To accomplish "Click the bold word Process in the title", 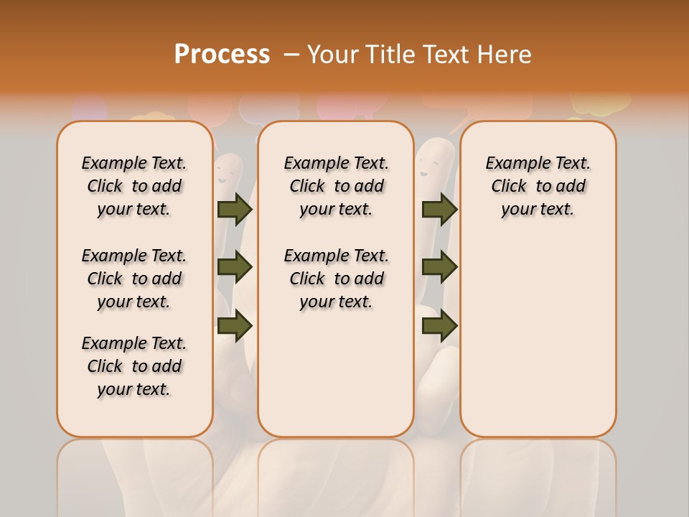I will tap(222, 55).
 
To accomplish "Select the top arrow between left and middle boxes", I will tap(235, 209).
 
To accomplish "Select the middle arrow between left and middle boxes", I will tap(235, 268).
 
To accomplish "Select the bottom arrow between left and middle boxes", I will tap(235, 326).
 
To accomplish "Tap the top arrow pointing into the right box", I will tap(439, 209).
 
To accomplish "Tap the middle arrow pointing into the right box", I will tap(439, 268).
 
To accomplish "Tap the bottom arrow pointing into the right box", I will tap(439, 326).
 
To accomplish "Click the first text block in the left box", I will tap(134, 186).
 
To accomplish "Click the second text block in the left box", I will tap(134, 279).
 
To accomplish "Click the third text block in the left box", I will tap(134, 366).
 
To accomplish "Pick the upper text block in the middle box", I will tap(336, 186).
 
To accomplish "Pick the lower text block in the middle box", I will tap(336, 279).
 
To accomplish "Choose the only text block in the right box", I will tap(538, 186).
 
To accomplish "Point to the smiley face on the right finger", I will tap(428, 171).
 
